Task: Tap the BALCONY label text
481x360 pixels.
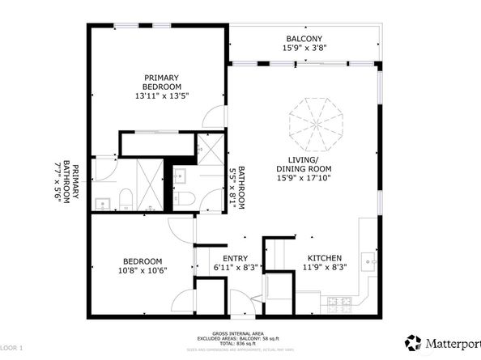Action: (x=304, y=39)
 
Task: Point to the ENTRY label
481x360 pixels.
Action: (x=236, y=258)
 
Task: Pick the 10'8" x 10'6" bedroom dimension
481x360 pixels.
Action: (x=143, y=271)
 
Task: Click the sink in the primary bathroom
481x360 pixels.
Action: (x=103, y=202)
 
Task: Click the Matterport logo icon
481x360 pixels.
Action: (x=413, y=341)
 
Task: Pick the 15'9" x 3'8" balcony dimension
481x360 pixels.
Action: (x=304, y=49)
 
